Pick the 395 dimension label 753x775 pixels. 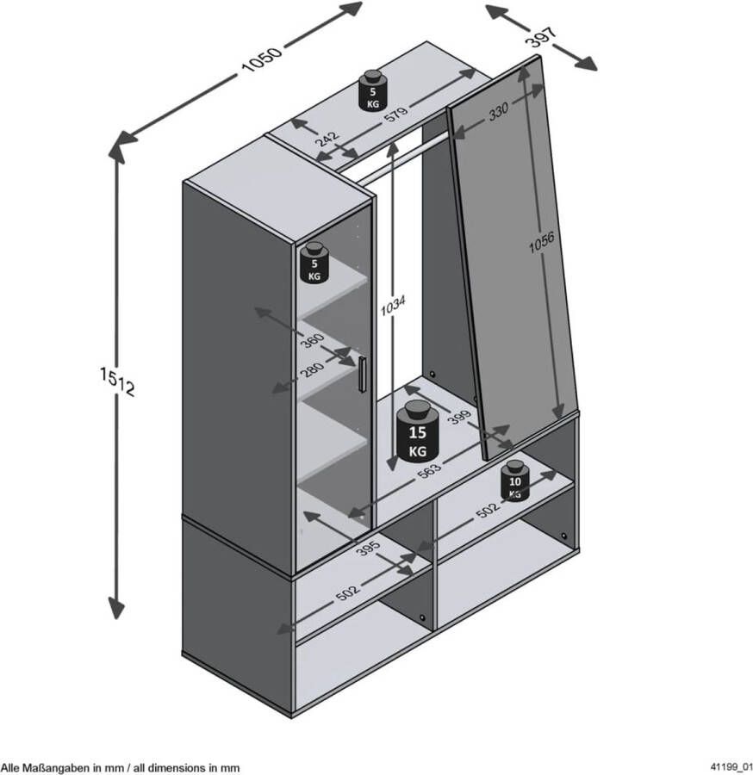click(368, 549)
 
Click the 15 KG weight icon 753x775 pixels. click(418, 431)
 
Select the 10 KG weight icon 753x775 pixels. click(515, 480)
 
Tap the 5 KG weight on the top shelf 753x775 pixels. click(373, 91)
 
